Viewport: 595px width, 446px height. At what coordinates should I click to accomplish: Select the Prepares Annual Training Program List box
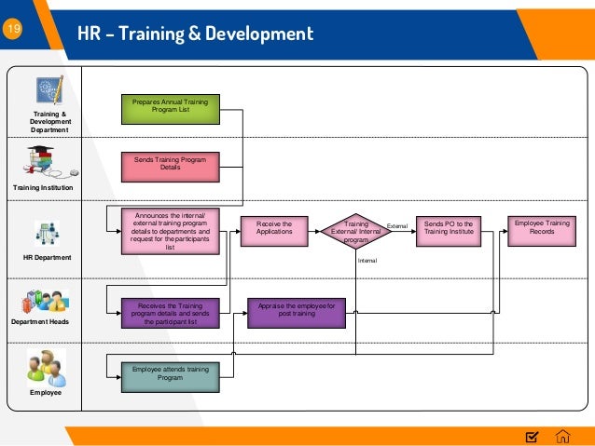click(170, 109)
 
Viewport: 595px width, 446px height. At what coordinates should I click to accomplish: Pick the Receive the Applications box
click(274, 229)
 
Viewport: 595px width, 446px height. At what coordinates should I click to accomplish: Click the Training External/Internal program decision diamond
click(356, 231)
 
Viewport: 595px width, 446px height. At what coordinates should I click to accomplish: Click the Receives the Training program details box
click(170, 314)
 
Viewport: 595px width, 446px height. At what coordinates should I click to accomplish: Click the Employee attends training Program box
click(170, 374)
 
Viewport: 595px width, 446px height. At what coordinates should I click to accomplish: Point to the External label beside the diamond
click(397, 225)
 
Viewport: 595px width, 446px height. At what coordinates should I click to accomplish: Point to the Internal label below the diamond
click(367, 261)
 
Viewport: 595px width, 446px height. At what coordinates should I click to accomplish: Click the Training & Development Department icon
click(48, 90)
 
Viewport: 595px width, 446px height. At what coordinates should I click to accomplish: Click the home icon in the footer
click(562, 436)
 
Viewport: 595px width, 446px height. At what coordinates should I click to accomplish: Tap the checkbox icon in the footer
click(532, 436)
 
